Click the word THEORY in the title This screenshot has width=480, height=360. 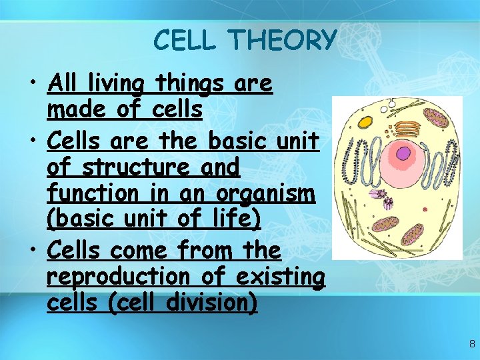click(x=282, y=41)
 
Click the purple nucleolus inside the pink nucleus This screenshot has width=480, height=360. click(x=403, y=155)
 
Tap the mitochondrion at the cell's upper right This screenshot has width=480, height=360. click(x=437, y=119)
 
